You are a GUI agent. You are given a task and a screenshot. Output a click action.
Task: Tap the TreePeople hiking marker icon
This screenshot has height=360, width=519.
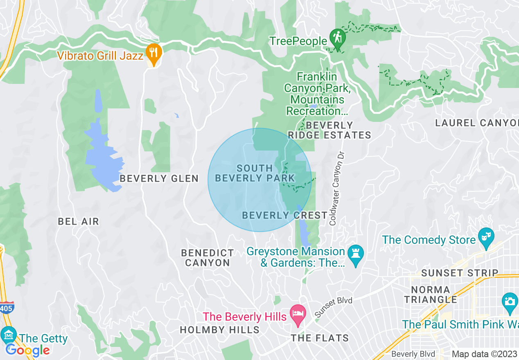(338, 38)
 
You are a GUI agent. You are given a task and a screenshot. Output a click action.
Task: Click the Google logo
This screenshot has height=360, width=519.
(27, 350)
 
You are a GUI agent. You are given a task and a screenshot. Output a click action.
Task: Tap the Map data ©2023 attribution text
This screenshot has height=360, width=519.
(485, 354)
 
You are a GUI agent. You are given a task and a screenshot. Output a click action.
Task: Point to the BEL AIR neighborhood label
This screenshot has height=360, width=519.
(79, 222)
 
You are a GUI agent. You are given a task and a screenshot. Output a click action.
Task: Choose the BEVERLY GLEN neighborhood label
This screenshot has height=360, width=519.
(159, 178)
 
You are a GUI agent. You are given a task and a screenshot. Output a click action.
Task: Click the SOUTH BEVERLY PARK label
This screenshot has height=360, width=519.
(255, 173)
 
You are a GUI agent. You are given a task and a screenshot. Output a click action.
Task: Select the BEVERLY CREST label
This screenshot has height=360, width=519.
(285, 215)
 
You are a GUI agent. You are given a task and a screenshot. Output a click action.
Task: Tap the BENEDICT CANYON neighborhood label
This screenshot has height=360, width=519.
(208, 258)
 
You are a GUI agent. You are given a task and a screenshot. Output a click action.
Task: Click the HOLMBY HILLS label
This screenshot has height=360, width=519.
(220, 330)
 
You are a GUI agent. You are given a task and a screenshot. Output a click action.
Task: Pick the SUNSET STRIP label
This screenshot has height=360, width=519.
(460, 273)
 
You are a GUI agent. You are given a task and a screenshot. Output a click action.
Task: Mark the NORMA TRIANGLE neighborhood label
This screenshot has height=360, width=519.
(431, 295)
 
